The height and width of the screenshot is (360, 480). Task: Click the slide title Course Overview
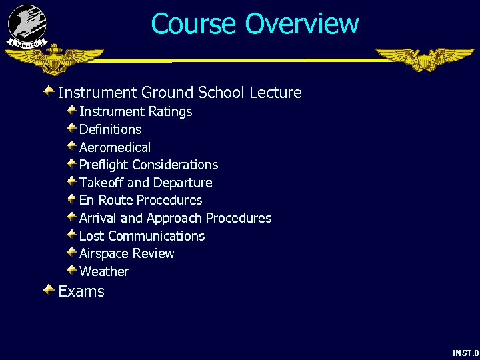(x=255, y=24)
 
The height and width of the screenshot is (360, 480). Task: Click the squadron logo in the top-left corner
(x=27, y=25)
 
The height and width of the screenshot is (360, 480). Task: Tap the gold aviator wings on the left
(x=54, y=60)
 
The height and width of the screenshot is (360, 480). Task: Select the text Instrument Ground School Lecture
(x=180, y=93)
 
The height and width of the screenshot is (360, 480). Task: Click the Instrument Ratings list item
(x=135, y=111)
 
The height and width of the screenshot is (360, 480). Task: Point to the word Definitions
(x=110, y=129)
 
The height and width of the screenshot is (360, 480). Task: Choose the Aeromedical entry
(x=115, y=147)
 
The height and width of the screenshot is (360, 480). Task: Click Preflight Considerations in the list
(x=149, y=165)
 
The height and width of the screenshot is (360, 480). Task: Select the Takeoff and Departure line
(x=145, y=183)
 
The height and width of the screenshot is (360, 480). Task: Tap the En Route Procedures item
(x=141, y=200)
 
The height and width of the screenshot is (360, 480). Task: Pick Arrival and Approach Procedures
(x=175, y=218)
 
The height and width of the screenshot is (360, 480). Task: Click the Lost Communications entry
(x=142, y=236)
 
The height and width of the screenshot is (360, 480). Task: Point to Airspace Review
(x=127, y=253)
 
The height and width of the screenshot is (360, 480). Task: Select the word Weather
(x=104, y=271)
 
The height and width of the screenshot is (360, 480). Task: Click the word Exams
(x=81, y=291)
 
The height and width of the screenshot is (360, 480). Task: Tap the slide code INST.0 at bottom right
(x=465, y=353)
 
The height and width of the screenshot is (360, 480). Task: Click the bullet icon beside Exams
(x=49, y=290)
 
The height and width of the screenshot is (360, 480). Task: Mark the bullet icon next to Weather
(x=71, y=270)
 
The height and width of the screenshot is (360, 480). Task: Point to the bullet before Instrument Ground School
(x=49, y=91)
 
